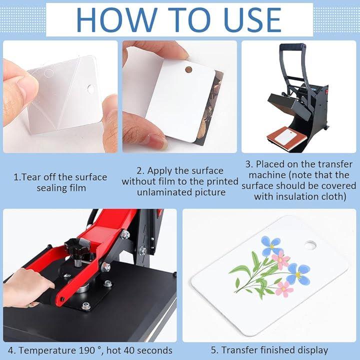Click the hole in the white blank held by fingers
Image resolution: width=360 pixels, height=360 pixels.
click(x=188, y=69)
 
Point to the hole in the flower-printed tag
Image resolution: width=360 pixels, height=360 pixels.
click(x=310, y=245)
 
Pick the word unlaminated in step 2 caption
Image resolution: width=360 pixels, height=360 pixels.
click(x=164, y=192)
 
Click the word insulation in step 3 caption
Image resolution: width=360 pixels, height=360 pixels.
click(x=297, y=196)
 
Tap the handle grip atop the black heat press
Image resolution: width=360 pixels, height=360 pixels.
click(x=292, y=46)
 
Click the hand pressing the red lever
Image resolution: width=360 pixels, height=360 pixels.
click(x=27, y=288)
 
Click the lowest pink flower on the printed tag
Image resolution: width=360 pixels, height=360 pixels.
click(x=284, y=289)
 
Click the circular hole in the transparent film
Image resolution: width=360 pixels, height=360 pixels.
click(x=90, y=89)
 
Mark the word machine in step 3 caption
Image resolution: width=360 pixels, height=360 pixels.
click(x=267, y=175)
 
